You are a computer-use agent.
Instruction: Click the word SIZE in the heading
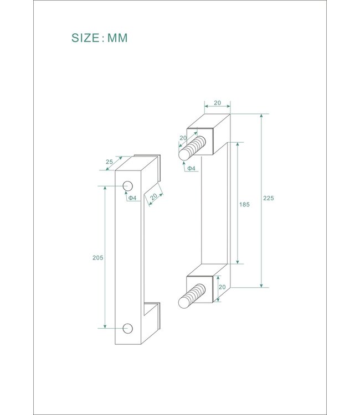85,38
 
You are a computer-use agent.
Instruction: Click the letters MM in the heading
117,38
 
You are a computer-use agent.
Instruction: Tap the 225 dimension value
269,198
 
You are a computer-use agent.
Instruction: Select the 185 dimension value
244,204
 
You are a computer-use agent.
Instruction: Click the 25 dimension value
109,162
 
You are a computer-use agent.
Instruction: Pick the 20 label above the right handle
217,103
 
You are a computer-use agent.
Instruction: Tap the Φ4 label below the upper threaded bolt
191,168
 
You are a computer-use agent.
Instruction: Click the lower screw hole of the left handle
128,328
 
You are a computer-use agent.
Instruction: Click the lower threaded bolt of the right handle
192,296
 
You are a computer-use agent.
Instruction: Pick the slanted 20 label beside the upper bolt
182,138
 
